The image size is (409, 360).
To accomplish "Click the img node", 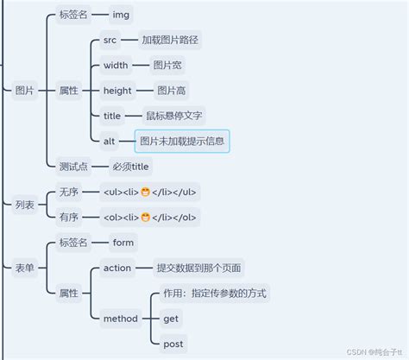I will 123,15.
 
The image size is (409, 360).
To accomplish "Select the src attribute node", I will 110,41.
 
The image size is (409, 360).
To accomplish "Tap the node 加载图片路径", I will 170,41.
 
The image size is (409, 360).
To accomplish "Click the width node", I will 116,66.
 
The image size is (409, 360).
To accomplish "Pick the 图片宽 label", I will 165,66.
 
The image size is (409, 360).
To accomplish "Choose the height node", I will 117,91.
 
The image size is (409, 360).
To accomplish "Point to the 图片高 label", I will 169,91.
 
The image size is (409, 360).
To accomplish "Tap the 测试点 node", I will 73,166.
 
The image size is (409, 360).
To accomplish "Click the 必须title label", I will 131,166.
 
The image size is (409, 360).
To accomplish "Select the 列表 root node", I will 25,205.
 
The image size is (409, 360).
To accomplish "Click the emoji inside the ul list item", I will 146,192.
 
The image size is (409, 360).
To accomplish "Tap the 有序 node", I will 68,217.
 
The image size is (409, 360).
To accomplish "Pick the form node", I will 123,243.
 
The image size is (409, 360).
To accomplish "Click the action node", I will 117,268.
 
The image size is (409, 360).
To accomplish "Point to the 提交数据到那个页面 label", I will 199,268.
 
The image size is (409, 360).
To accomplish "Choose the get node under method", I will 171,319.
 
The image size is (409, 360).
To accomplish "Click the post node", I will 173,344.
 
